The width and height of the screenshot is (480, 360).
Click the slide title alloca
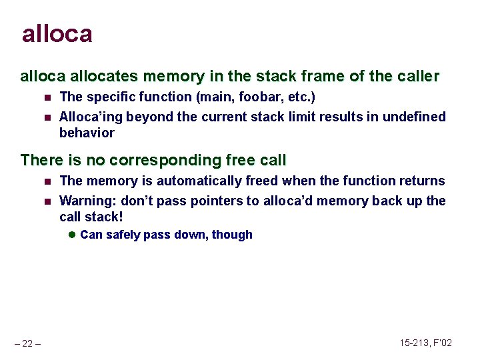(57, 33)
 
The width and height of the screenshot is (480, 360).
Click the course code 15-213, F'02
(426, 343)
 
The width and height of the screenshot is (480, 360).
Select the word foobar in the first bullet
(248, 97)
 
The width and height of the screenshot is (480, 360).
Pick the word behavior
(87, 133)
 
